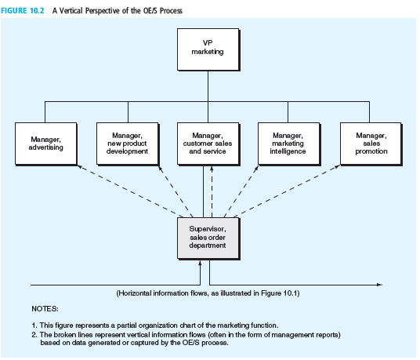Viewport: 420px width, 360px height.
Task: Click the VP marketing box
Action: (208, 49)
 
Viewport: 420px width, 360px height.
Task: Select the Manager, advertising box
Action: (46, 144)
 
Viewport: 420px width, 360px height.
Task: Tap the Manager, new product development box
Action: (128, 144)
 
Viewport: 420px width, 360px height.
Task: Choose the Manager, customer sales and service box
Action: (208, 144)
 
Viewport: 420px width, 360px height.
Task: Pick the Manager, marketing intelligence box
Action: (288, 144)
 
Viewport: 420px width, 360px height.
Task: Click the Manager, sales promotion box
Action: (371, 144)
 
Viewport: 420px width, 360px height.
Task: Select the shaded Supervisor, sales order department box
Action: (208, 238)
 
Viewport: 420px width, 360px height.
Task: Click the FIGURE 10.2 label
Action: (23, 11)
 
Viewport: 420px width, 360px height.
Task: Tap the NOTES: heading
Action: (45, 309)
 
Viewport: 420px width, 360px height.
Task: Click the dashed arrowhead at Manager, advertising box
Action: (80, 167)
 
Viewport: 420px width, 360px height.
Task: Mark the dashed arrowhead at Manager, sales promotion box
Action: (338, 167)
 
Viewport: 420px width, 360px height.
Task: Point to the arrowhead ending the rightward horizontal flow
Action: (380, 285)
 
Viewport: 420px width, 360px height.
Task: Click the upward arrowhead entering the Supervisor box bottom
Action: (200, 263)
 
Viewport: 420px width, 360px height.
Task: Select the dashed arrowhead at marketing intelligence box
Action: (257, 168)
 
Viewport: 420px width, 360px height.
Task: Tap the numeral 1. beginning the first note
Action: (34, 325)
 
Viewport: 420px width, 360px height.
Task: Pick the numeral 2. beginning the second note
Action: (34, 335)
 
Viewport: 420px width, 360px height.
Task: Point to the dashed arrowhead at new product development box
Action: (160, 168)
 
